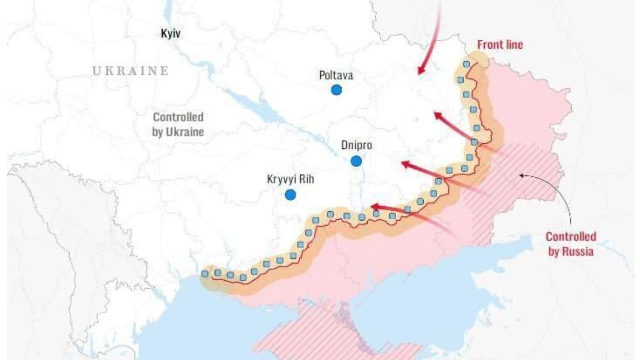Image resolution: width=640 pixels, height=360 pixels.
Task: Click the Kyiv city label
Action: point(171,33)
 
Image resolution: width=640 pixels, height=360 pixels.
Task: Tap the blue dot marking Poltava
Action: point(336,90)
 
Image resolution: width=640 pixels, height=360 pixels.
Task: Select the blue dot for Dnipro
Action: point(356,161)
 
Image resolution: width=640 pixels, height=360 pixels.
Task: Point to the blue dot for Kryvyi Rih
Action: point(290,195)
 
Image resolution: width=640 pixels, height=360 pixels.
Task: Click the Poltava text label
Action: point(336,76)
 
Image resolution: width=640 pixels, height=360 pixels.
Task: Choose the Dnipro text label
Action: point(356,145)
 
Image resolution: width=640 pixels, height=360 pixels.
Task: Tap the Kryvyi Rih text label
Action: point(290,179)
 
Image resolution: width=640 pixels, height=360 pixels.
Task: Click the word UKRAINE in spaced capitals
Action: point(131,71)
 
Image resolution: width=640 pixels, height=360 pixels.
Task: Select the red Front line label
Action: point(500,45)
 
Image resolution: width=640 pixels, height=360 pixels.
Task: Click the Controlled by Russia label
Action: point(571,244)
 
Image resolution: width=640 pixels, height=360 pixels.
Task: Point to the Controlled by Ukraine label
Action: point(178,124)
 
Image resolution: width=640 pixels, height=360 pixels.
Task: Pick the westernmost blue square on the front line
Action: point(205,274)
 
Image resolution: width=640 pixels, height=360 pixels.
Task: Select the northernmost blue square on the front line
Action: point(466,64)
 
